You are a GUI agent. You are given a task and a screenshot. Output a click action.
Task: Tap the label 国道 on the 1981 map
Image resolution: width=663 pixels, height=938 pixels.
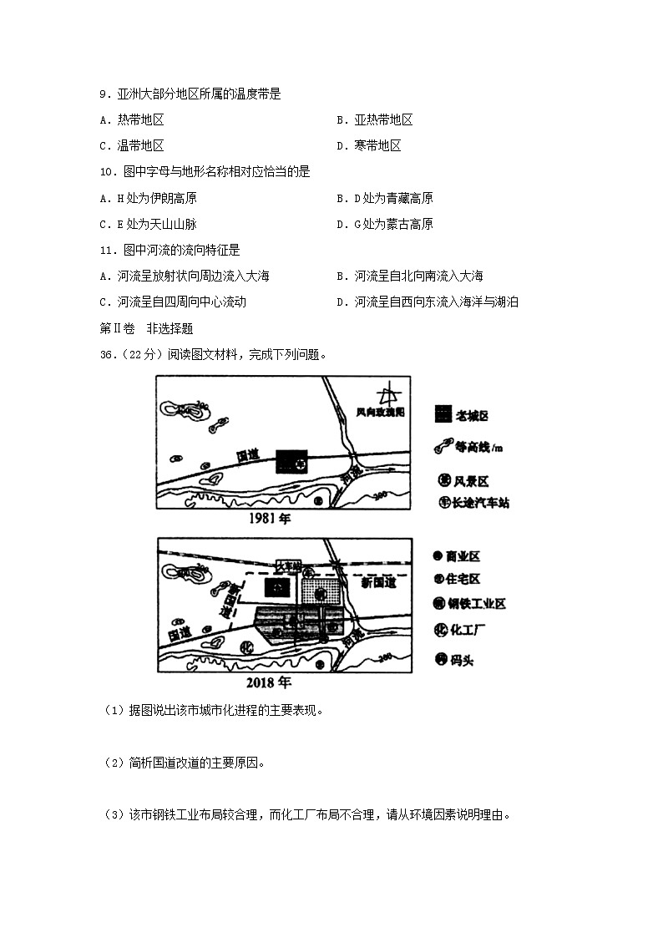[x=248, y=455]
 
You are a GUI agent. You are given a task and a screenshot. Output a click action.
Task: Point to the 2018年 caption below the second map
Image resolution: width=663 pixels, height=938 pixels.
[x=272, y=682]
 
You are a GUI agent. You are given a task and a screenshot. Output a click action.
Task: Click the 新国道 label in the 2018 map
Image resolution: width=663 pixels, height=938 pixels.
[x=377, y=583]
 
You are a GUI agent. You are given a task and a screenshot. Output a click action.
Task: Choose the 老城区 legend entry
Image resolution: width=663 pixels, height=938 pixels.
[x=462, y=415]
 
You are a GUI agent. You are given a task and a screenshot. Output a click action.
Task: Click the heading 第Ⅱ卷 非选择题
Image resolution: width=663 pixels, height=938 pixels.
[x=146, y=328]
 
